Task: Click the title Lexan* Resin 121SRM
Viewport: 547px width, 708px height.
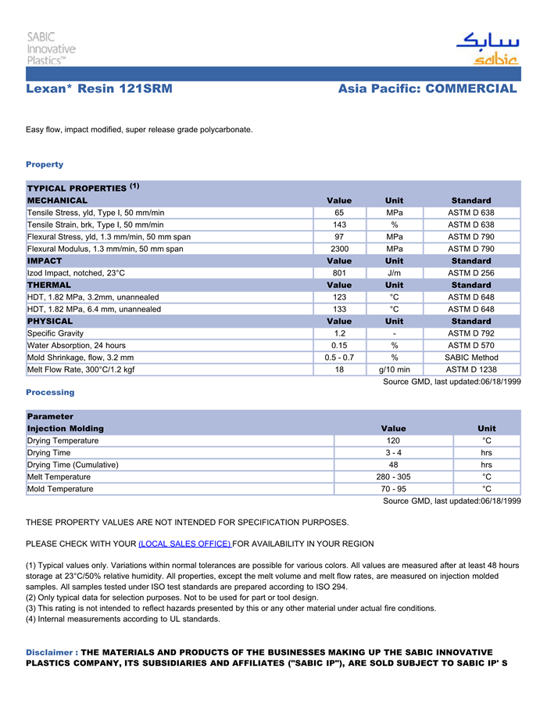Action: pos(99,89)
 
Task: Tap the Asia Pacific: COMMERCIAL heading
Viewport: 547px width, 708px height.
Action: pos(427,89)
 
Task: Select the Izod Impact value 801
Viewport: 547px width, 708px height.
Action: pos(339,273)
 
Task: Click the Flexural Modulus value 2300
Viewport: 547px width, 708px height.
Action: pos(339,249)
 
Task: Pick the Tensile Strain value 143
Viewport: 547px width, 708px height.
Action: pos(339,225)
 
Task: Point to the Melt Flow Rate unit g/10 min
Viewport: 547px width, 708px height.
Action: pos(395,369)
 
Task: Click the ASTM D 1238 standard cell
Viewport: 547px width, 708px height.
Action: pos(471,369)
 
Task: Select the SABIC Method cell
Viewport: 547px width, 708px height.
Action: pos(471,358)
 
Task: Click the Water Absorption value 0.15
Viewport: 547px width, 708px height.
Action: pos(339,345)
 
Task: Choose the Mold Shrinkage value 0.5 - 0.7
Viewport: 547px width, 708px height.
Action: pos(339,358)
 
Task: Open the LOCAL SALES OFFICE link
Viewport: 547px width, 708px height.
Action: pos(184,544)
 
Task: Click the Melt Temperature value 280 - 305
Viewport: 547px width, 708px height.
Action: pos(393,476)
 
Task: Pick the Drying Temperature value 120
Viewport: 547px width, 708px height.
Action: pos(393,440)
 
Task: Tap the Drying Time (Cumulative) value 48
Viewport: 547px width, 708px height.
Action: pos(393,465)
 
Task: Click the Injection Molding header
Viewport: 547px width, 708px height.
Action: pos(66,429)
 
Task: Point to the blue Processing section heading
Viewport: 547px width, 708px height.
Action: pos(50,392)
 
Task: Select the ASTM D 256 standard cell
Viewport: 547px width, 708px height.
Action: pos(471,273)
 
